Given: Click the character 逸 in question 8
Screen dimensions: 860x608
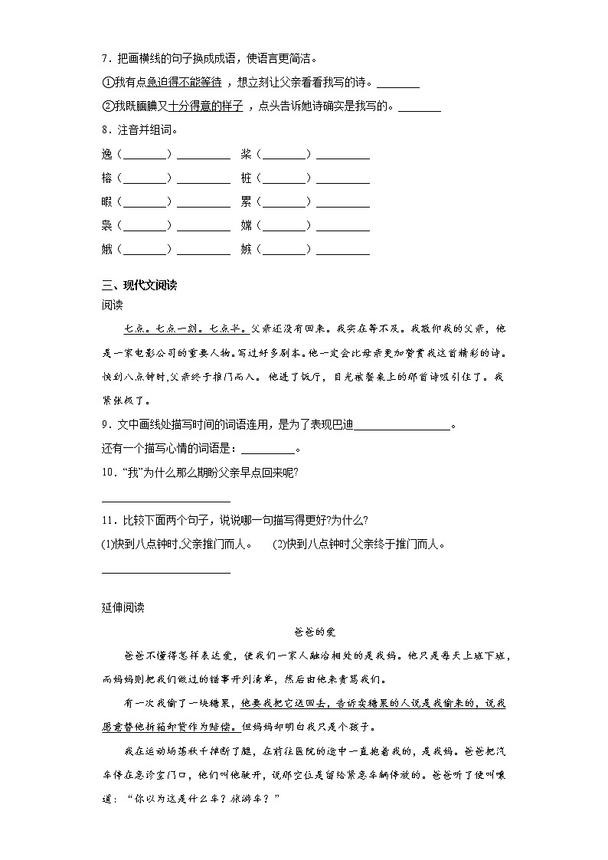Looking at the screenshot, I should click(x=106, y=154).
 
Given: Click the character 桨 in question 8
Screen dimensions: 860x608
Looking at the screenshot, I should click(x=246, y=154).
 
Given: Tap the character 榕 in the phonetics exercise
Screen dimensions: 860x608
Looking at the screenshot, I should click(x=106, y=178).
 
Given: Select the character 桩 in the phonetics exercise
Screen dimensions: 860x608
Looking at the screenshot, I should click(x=246, y=178).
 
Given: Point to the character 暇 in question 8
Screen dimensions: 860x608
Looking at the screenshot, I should click(x=106, y=201).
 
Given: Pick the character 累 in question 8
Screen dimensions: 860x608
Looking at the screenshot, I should click(x=246, y=201).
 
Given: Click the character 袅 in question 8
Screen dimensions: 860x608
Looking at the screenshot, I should click(x=106, y=225).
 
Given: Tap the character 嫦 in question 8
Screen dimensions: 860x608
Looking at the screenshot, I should click(x=246, y=225).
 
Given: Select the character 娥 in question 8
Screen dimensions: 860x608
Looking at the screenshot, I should click(x=106, y=249).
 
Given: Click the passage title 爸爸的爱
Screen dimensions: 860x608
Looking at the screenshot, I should click(x=315, y=632).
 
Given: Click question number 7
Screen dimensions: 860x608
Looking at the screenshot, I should click(x=105, y=58).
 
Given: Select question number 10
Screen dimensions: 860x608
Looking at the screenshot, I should click(x=108, y=472).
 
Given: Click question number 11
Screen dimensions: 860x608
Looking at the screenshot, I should click(x=108, y=521).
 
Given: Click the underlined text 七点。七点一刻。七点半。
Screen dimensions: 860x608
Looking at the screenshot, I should click(x=185, y=329).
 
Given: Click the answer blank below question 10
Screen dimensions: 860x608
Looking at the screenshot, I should click(x=165, y=499).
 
